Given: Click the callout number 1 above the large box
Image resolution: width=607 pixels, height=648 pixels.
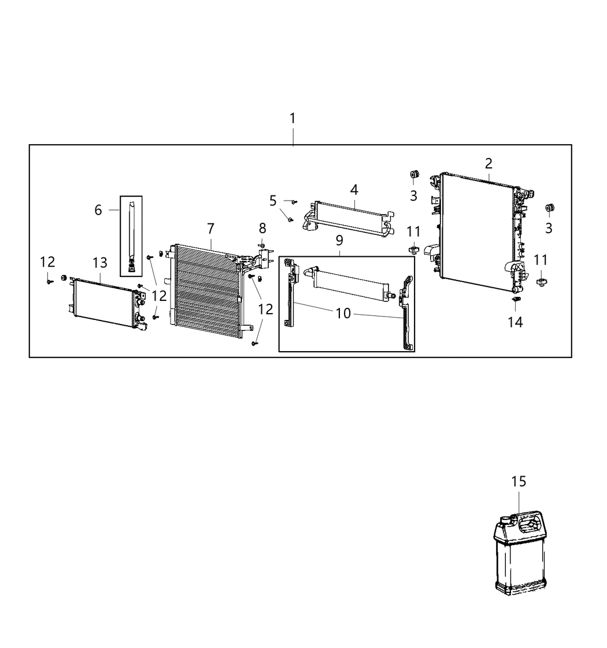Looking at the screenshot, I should pyautogui.click(x=293, y=119).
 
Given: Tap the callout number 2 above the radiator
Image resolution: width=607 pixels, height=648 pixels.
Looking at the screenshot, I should pyautogui.click(x=488, y=163).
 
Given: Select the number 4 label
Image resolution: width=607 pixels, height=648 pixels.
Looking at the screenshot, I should pyautogui.click(x=354, y=189).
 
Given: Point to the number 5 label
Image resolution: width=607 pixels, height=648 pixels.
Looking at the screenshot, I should pyautogui.click(x=273, y=201).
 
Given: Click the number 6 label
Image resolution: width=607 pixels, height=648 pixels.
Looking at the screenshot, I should pyautogui.click(x=98, y=210).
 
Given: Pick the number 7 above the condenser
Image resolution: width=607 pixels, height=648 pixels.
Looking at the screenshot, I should pyautogui.click(x=211, y=229).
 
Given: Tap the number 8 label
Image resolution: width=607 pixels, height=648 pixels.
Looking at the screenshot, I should pyautogui.click(x=262, y=229).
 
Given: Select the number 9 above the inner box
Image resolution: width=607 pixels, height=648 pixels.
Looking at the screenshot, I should pyautogui.click(x=339, y=240).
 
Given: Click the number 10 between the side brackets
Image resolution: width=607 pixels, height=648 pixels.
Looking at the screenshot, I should pyautogui.click(x=343, y=313).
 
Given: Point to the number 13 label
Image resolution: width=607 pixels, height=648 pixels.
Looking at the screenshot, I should pyautogui.click(x=100, y=263).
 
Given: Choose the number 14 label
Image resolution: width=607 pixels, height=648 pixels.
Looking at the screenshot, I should pyautogui.click(x=515, y=322).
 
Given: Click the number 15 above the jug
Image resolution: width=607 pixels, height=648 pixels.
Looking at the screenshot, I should pyautogui.click(x=519, y=481).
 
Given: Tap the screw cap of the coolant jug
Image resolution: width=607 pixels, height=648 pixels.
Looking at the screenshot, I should pyautogui.click(x=505, y=520).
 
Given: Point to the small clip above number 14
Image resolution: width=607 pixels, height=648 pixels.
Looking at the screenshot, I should pyautogui.click(x=516, y=300).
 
